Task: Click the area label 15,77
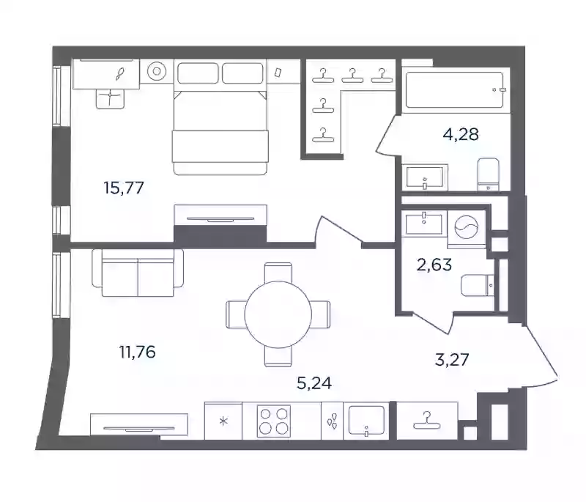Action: click(x=124, y=188)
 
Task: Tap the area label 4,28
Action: click(x=461, y=134)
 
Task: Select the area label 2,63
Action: click(x=434, y=265)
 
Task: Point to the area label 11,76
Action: click(x=137, y=352)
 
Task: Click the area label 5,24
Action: click(x=314, y=383)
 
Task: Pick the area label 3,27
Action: click(x=452, y=360)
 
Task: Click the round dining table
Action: click(x=278, y=314)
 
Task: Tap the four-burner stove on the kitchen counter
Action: click(x=274, y=421)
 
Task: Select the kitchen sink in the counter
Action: click(x=366, y=421)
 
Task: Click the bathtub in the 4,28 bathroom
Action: click(x=454, y=89)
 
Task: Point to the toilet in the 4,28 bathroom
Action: click(x=489, y=174)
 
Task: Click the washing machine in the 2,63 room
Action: click(x=466, y=228)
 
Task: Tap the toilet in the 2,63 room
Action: click(x=478, y=286)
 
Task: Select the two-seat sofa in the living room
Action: click(x=138, y=273)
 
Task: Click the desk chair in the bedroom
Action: click(x=111, y=99)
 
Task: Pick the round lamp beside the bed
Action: click(x=156, y=71)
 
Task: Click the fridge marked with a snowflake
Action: click(x=223, y=421)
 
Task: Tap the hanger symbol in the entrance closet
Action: click(x=427, y=421)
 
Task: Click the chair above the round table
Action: click(x=278, y=273)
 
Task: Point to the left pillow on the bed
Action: click(x=198, y=73)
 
